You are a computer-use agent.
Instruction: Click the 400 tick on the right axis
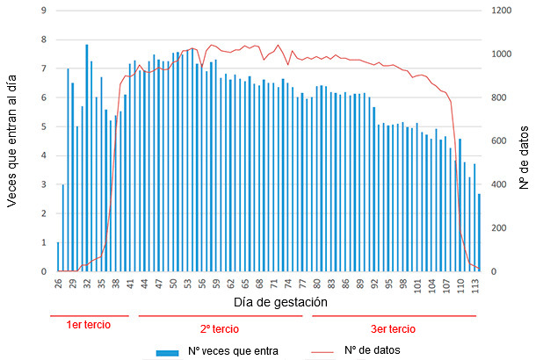[498, 184]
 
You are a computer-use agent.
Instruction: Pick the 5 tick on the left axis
[44, 126]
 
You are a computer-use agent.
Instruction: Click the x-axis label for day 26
[59, 284]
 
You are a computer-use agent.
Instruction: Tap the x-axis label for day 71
[274, 284]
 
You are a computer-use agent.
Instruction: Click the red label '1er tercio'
[89, 326]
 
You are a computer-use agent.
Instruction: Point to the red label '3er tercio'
[393, 328]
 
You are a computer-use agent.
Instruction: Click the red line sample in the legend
[332, 351]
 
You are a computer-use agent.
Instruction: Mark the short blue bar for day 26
[59, 257]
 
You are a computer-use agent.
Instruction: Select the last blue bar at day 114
[479, 233]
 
